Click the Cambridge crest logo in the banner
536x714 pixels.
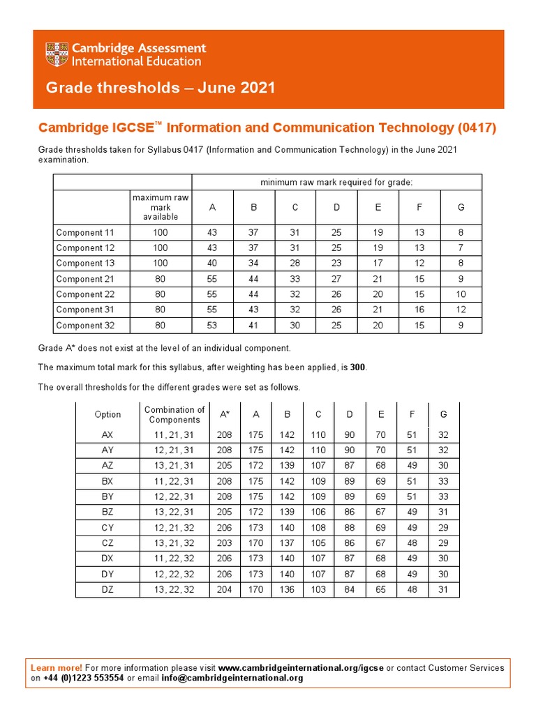57,54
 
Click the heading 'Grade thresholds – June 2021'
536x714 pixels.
161,88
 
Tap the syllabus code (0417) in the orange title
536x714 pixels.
477,128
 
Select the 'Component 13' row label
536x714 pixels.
84,264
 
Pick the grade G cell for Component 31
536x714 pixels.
461,310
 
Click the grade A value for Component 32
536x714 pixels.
212,325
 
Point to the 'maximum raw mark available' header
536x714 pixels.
161,207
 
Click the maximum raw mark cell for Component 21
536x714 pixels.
161,279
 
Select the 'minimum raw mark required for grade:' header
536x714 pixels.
336,182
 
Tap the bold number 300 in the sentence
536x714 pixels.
357,367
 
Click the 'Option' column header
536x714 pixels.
107,414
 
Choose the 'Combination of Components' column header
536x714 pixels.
174,414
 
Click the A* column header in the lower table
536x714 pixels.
225,414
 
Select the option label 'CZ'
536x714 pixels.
107,543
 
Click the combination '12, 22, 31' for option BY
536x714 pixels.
174,497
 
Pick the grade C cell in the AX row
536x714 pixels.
318,434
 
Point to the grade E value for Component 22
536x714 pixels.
378,294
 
